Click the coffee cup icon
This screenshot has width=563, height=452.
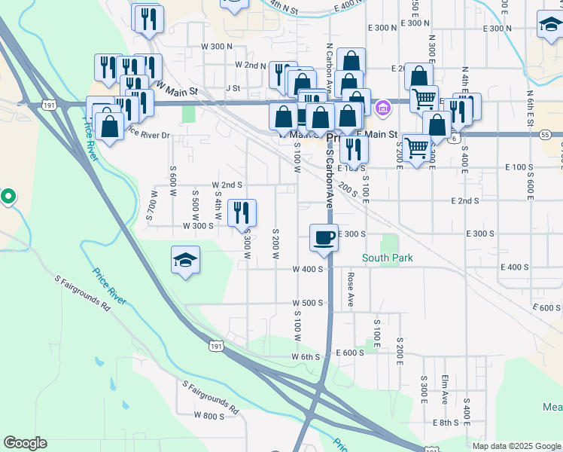click(324, 238)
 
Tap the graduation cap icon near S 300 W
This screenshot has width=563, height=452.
click(185, 260)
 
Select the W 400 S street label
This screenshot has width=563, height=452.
click(307, 269)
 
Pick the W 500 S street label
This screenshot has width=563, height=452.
click(307, 303)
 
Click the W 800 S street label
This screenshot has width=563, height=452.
click(208, 416)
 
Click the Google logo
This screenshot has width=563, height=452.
click(25, 443)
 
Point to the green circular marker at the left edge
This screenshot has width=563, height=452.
click(8, 197)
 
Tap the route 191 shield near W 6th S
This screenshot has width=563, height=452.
click(216, 346)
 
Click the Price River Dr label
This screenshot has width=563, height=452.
click(148, 135)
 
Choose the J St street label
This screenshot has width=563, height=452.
click(232, 88)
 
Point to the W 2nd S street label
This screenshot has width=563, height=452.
click(227, 185)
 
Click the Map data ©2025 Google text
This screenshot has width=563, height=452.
click(516, 446)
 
